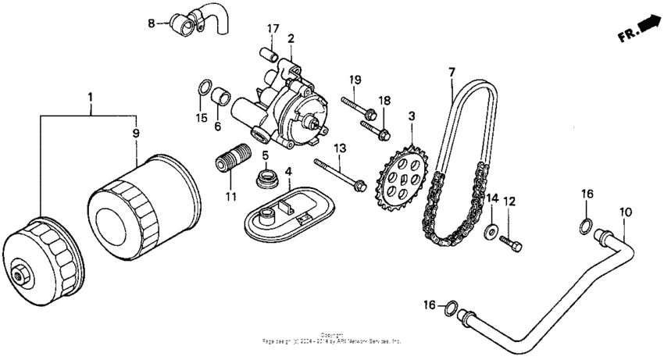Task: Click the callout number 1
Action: pos(91,98)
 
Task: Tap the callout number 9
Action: pos(136,134)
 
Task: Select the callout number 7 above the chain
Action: pos(452,72)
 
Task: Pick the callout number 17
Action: pos(272,29)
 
